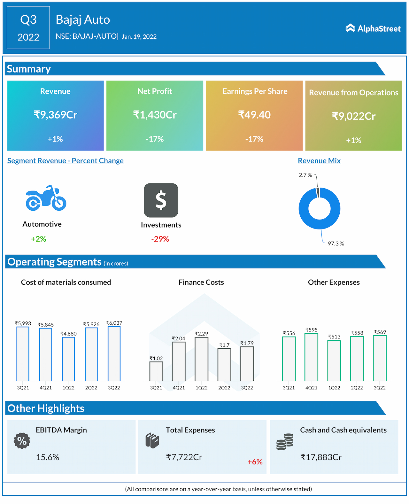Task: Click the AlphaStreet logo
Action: point(373,28)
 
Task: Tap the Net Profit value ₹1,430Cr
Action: point(155,115)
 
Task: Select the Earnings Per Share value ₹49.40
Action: point(254,115)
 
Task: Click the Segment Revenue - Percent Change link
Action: point(66,161)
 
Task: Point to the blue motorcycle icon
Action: point(46,198)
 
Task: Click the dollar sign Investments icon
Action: point(161,200)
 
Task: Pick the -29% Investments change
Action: point(160,239)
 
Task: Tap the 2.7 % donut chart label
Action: point(305,175)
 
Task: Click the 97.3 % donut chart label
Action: point(336,244)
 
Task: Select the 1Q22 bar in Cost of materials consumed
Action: point(68,359)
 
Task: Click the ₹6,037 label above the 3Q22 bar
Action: point(114,323)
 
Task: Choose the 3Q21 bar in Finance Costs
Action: point(156,371)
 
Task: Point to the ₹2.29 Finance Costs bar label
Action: point(201,334)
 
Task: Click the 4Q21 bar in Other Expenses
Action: point(311,357)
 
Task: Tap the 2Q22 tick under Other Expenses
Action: point(357,388)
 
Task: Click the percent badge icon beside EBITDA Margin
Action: point(22,441)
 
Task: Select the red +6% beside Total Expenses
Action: point(255,462)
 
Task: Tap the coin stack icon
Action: point(285,442)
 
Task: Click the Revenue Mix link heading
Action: point(319,161)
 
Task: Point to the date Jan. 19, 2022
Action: point(139,37)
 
